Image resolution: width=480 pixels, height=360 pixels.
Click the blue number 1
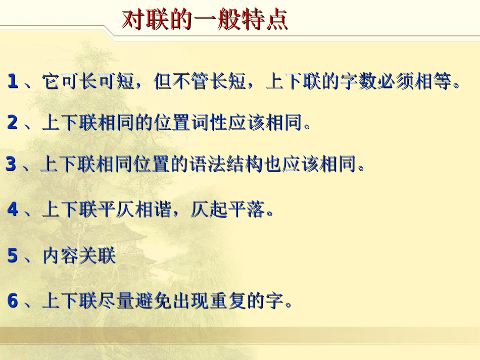13,81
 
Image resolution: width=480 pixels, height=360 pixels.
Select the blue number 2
13,122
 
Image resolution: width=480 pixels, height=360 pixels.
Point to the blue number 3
11,164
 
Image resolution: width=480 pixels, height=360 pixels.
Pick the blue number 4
13,210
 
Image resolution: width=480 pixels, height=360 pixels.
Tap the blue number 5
13,256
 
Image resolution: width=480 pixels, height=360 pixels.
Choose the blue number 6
13,301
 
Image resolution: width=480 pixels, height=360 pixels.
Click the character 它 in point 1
51,81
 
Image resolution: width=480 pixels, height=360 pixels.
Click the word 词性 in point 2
209,122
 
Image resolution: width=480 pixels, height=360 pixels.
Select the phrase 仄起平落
228,210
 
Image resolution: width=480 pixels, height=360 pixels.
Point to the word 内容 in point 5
60,256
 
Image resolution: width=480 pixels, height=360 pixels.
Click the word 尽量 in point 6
116,301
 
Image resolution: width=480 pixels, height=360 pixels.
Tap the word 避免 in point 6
153,301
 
